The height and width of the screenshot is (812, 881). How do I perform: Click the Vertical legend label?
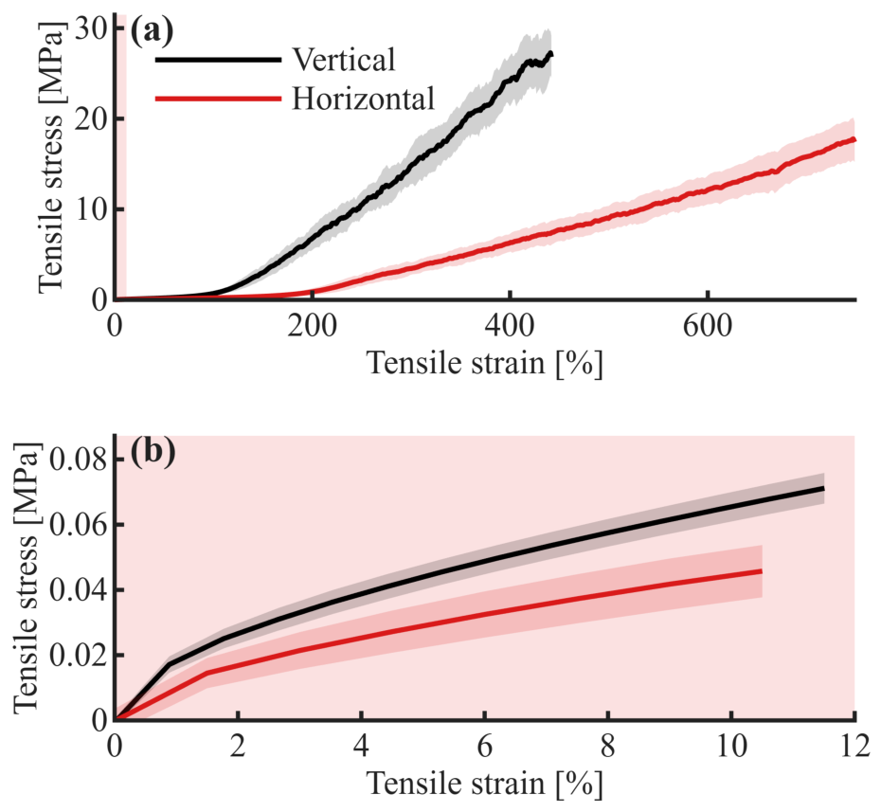coord(344,59)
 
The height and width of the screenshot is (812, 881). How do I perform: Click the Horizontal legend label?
coord(364,99)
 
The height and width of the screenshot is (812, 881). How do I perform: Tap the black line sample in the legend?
coord(218,59)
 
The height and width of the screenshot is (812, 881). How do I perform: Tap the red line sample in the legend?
coord(218,99)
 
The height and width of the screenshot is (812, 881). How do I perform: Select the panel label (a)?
coord(152,31)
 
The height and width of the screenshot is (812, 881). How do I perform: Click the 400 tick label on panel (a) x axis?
coord(510,325)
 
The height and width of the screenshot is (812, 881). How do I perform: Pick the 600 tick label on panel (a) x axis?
coord(708,325)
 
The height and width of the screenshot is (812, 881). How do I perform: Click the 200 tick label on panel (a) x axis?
coord(312,325)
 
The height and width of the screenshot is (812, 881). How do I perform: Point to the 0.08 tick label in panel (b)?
coord(79,460)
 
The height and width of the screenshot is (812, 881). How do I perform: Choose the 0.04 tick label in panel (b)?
coord(79,590)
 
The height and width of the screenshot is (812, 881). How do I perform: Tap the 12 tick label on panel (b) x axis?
coord(854,747)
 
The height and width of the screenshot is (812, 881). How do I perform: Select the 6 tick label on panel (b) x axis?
coord(484,747)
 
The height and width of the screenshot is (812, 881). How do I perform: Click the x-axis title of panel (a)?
coord(485,363)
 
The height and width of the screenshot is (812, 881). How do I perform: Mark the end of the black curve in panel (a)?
coord(551,54)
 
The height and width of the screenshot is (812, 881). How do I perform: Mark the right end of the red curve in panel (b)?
coord(762,571)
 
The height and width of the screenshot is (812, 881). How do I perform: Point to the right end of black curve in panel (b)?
coord(823,489)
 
